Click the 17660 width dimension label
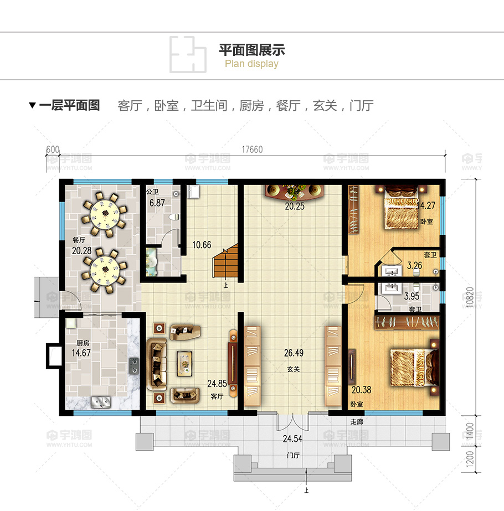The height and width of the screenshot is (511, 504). coord(252,149)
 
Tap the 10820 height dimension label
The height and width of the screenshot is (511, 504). coord(470,297)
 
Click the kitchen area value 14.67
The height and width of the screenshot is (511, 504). coord(81,353)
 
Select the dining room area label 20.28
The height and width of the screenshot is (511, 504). coord(82,250)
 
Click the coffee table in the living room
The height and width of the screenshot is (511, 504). coord(184,363)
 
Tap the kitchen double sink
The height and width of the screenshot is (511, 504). coord(101,402)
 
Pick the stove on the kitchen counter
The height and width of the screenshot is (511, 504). coord(133,365)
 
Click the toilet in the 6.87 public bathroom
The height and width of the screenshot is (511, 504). coord(174,216)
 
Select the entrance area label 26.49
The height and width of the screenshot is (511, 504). coord(294,353)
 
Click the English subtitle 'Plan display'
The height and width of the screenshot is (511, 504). coord(251,64)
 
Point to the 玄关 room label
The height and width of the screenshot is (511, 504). coord(294,369)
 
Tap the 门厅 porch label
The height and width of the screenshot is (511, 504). coord(293,455)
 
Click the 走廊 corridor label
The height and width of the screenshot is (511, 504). coord(357,422)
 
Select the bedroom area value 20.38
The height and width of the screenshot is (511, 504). coord(361,389)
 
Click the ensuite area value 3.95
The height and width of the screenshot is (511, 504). coord(412,296)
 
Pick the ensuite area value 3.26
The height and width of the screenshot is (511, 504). coord(414,265)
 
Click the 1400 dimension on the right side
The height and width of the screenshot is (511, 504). coord(470,431)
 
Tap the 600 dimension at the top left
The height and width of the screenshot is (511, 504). coord(53,149)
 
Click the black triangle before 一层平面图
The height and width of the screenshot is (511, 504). coord(32,105)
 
